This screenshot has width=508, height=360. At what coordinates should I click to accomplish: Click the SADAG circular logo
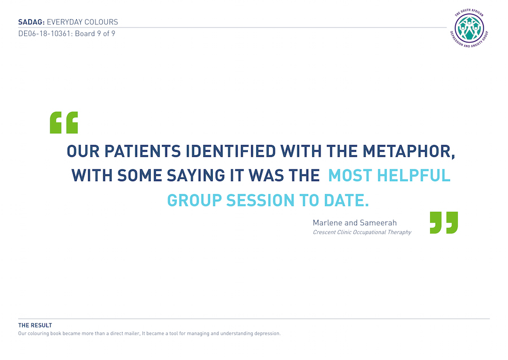coord(469,28)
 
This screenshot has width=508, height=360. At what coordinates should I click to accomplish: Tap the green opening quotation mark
coord(64,122)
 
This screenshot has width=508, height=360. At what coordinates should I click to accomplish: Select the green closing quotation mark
coord(444,222)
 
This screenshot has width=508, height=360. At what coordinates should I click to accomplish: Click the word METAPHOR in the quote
coord(409,151)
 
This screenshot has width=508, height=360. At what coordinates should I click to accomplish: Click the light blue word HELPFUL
coord(414,175)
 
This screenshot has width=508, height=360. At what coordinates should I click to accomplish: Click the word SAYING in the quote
coord(196,175)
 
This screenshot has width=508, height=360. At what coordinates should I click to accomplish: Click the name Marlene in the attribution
coord(327,223)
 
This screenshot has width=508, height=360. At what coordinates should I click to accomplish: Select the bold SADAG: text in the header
coord(32,22)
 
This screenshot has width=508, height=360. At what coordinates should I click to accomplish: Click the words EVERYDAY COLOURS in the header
coord(82,22)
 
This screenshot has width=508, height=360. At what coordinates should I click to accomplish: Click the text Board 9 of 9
coord(95,34)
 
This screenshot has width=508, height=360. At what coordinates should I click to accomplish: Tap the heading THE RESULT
coord(35,326)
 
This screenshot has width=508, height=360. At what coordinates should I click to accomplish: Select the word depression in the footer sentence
coord(268,333)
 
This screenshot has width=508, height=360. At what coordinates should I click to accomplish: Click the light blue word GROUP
coord(194,200)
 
